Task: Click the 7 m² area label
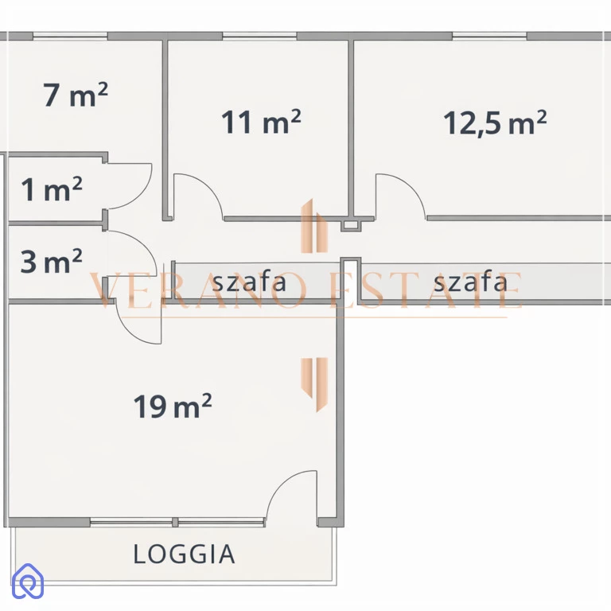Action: click(76, 95)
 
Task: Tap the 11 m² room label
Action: click(261, 122)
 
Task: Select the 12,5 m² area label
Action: click(495, 123)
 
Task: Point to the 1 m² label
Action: click(52, 189)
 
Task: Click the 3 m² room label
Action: click(52, 261)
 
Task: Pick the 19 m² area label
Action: click(173, 406)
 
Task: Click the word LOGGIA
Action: click(184, 554)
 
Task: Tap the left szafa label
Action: click(249, 282)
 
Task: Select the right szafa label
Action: click(470, 282)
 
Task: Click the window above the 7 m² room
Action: click(70, 37)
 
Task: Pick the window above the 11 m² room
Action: click(259, 37)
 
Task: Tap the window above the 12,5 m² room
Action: click(489, 37)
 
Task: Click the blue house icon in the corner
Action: click(28, 581)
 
